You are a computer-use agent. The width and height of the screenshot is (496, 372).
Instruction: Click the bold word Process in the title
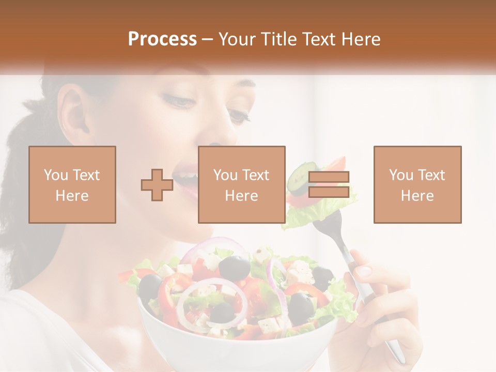(x=162, y=39)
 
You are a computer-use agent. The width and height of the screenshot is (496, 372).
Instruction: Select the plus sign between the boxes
(x=157, y=185)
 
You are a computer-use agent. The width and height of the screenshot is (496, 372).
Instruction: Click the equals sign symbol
(x=329, y=184)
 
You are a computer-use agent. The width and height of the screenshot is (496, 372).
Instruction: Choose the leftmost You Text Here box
(x=72, y=184)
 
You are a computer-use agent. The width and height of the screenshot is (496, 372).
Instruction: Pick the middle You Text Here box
(x=241, y=184)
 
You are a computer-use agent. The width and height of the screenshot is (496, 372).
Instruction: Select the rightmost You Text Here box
(x=417, y=184)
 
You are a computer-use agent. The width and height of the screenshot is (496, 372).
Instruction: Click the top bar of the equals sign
(x=329, y=177)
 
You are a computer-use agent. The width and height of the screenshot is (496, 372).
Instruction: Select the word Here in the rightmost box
(x=417, y=196)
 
